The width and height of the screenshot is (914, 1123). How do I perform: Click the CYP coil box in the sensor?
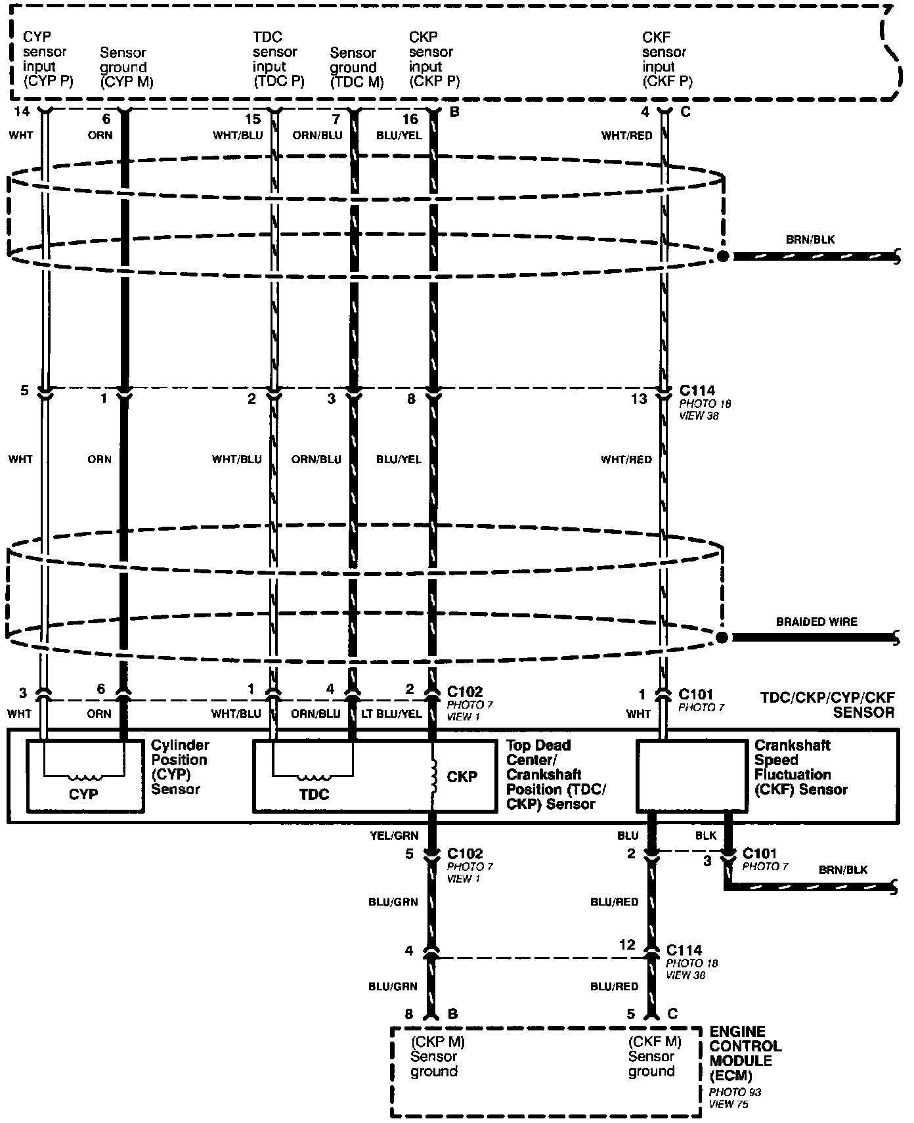(x=85, y=776)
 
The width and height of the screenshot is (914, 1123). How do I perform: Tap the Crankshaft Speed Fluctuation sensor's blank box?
(x=693, y=776)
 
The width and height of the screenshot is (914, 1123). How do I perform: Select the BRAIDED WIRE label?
(x=816, y=621)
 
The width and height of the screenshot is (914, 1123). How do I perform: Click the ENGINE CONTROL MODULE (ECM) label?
(x=745, y=1053)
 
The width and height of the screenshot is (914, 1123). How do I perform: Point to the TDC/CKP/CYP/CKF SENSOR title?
(x=827, y=705)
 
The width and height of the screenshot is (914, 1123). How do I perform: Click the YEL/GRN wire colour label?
(x=394, y=836)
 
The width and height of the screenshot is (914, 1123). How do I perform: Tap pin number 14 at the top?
(x=22, y=112)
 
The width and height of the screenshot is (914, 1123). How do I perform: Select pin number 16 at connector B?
(x=410, y=119)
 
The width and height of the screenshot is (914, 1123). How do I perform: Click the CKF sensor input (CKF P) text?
(x=666, y=59)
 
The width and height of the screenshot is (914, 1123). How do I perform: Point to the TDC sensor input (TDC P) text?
(x=278, y=59)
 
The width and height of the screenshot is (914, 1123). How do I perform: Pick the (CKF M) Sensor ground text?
(x=654, y=1056)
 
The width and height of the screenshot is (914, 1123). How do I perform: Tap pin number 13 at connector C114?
(x=639, y=398)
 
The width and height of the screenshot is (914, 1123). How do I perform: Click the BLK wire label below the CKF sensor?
(x=706, y=836)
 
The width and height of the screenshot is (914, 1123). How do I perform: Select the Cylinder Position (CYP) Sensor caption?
(x=180, y=766)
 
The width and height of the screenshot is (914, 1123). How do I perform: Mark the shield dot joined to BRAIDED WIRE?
(x=722, y=638)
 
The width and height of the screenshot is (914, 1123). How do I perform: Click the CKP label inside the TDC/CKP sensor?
(x=462, y=776)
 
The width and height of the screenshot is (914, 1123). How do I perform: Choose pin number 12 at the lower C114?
(x=627, y=944)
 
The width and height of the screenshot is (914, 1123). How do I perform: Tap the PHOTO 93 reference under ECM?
(x=735, y=1092)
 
